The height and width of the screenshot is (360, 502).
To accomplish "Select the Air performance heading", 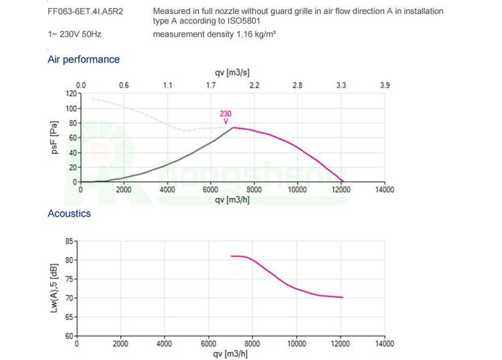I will pyautogui.click(x=84, y=60).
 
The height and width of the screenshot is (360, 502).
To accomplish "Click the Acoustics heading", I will pyautogui.click(x=69, y=213).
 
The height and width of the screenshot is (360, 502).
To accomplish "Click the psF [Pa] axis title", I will pyautogui.click(x=56, y=138).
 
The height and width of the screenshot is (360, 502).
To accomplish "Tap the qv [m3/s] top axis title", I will pyautogui.click(x=232, y=72).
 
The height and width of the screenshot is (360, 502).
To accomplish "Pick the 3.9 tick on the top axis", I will pyautogui.click(x=384, y=85).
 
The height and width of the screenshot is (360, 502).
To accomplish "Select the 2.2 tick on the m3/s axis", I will pyautogui.click(x=254, y=85).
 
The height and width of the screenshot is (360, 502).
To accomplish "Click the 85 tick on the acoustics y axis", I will pyautogui.click(x=71, y=241).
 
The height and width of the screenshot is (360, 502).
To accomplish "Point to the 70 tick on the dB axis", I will pyautogui.click(x=71, y=298).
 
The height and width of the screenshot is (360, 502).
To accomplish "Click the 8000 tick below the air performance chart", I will pyautogui.click(x=254, y=190).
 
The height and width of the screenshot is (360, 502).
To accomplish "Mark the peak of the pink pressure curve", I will pyautogui.click(x=232, y=127).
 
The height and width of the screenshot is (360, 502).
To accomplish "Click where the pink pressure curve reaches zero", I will pyautogui.click(x=343, y=181).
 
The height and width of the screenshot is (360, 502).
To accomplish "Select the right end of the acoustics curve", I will pyautogui.click(x=343, y=297).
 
